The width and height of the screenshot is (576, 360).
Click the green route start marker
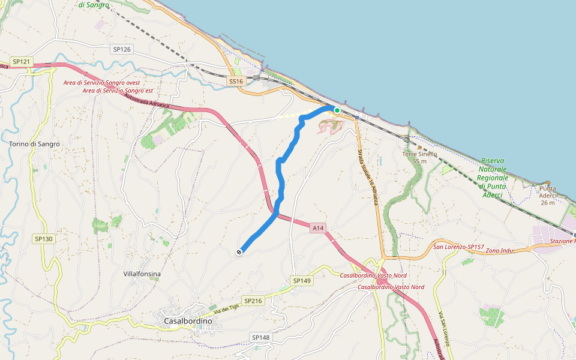tap(337, 110)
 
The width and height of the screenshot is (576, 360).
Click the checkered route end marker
tap(239, 253)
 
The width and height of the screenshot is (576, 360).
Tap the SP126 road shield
tap(122, 49)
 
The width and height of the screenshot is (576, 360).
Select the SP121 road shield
tap(21, 62)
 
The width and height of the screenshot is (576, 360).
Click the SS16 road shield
tap(236, 81)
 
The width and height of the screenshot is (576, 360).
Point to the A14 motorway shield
tap(318, 228)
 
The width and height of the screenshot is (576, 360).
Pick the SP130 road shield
tap(43, 239)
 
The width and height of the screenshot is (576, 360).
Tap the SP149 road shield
tap(302, 281)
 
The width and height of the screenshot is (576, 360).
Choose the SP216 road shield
tap(254, 301)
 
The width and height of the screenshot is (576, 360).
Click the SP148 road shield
tap(261, 338)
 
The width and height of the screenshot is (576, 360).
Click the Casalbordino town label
tap(188, 322)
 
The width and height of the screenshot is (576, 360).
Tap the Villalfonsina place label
tap(142, 274)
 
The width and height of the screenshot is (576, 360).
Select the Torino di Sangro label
tap(35, 144)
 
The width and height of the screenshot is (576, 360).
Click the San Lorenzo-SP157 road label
tap(458, 247)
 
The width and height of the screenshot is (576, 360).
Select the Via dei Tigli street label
tap(227, 309)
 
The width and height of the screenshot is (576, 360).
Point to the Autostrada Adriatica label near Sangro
tap(147, 101)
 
